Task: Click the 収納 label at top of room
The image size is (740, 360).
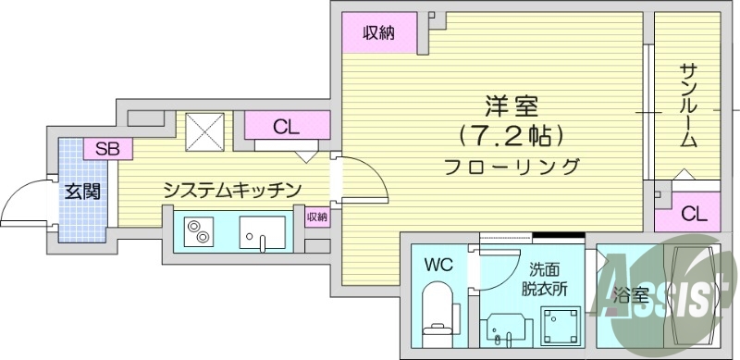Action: [x=378, y=33]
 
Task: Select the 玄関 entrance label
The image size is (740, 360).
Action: [x=81, y=192]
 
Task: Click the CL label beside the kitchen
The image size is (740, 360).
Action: [x=286, y=127]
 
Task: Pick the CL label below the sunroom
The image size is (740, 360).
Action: [x=694, y=215]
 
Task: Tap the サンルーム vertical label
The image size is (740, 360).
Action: [x=689, y=104]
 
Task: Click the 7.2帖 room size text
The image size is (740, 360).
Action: [x=510, y=136]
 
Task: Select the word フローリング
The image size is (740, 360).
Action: [x=511, y=168]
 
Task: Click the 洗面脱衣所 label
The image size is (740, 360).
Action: [x=543, y=278]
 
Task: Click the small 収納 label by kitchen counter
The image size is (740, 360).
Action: [x=316, y=217]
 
